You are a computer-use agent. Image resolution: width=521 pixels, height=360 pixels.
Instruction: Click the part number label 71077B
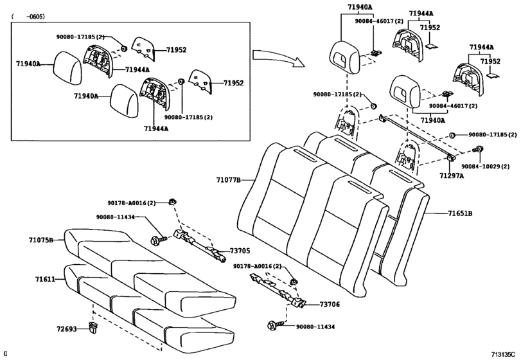click(x=227, y=180)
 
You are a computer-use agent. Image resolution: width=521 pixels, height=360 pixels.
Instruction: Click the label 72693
click(x=66, y=330)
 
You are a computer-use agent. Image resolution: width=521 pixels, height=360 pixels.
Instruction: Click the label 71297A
click(x=452, y=175)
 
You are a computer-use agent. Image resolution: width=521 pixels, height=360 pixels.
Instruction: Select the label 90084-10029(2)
click(x=490, y=166)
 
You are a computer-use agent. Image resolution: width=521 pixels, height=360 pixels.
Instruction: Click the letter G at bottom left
click(x=6, y=354)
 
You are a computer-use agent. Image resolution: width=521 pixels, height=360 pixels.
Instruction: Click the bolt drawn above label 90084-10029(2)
click(x=477, y=150)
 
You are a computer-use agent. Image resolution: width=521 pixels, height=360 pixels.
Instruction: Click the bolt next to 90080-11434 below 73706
click(x=273, y=327)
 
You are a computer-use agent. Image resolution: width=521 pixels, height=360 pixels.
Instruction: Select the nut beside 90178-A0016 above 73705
click(x=172, y=203)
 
